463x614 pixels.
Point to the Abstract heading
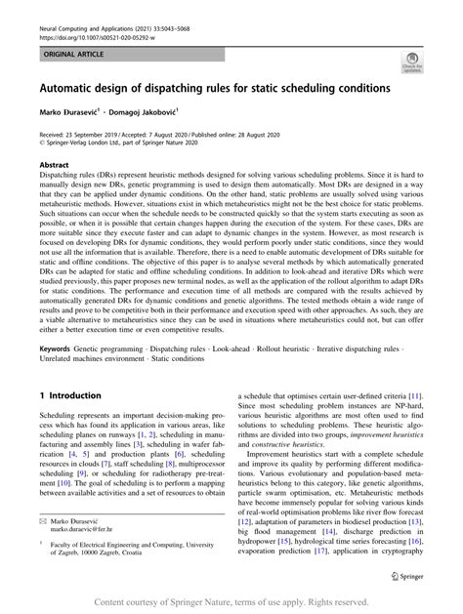54,166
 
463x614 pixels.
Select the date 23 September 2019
93,138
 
